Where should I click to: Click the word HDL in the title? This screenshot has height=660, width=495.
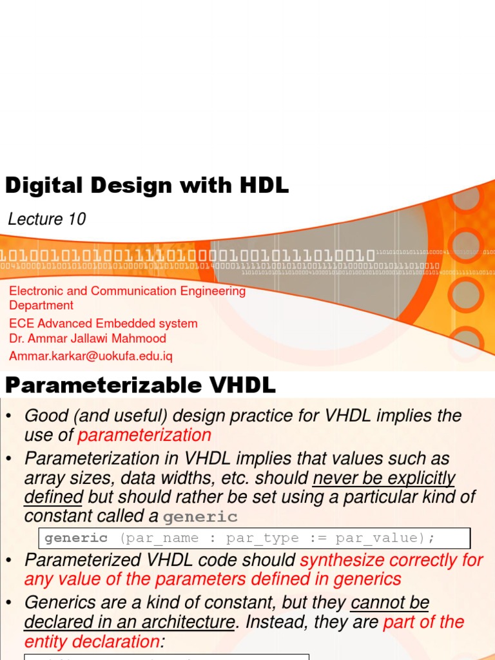tap(262, 186)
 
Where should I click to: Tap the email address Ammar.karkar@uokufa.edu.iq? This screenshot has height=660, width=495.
tap(91, 356)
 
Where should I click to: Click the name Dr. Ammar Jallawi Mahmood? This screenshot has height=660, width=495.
tap(88, 338)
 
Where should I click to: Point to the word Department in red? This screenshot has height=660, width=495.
tap(41, 306)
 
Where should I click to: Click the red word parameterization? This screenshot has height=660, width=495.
tap(144, 435)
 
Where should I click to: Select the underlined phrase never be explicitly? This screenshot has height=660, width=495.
tap(383, 478)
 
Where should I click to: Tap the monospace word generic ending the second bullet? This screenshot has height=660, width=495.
tap(200, 517)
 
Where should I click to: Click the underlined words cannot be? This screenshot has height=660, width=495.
tap(389, 603)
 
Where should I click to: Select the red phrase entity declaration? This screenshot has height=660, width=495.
tap(92, 642)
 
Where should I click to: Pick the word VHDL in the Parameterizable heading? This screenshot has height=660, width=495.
tap(247, 385)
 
